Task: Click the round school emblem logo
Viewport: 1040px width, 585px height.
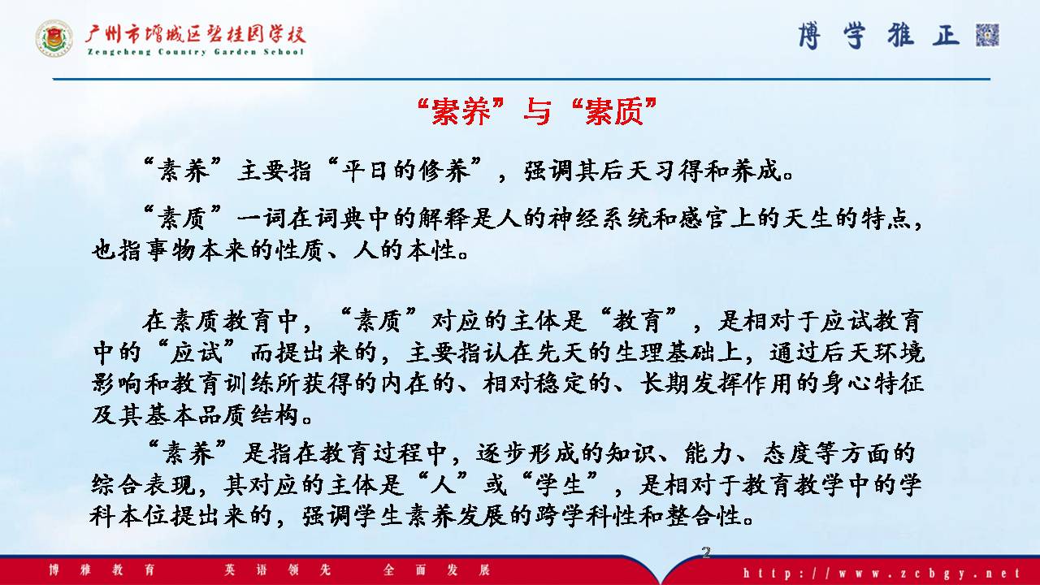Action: click(x=54, y=38)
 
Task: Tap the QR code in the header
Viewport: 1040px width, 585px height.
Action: click(x=987, y=35)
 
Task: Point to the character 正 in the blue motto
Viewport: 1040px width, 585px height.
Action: click(x=946, y=35)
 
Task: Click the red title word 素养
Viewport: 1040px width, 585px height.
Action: click(x=461, y=111)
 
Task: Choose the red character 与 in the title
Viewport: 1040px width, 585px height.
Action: click(x=537, y=111)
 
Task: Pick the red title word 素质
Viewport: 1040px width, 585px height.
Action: click(x=613, y=111)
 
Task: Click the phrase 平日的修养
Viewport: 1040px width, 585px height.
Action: click(x=405, y=171)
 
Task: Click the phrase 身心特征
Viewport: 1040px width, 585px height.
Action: click(x=873, y=384)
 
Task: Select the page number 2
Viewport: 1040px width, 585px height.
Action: click(x=706, y=552)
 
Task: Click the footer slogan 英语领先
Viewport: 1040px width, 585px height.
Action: click(x=278, y=570)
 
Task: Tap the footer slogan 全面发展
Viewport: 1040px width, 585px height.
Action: click(x=437, y=570)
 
